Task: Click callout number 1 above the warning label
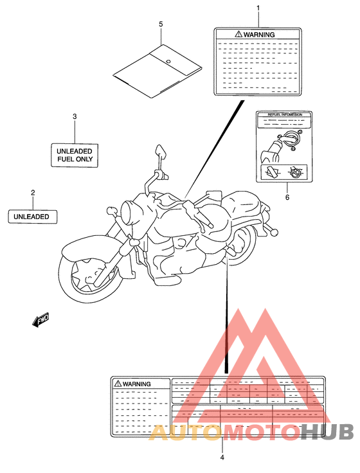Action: click(x=258, y=8)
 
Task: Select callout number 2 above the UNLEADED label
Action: click(x=32, y=192)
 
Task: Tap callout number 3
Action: click(x=74, y=116)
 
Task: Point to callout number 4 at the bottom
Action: click(x=222, y=458)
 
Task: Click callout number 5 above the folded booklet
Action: click(x=161, y=24)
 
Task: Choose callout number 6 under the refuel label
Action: click(x=287, y=197)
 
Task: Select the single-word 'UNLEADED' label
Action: click(x=33, y=217)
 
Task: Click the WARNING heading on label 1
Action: click(x=256, y=35)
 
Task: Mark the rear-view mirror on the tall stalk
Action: click(x=161, y=153)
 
